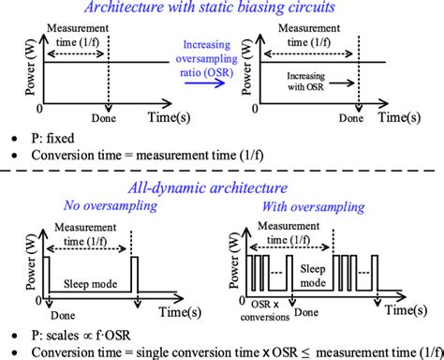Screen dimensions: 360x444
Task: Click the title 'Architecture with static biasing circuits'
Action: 221,8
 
